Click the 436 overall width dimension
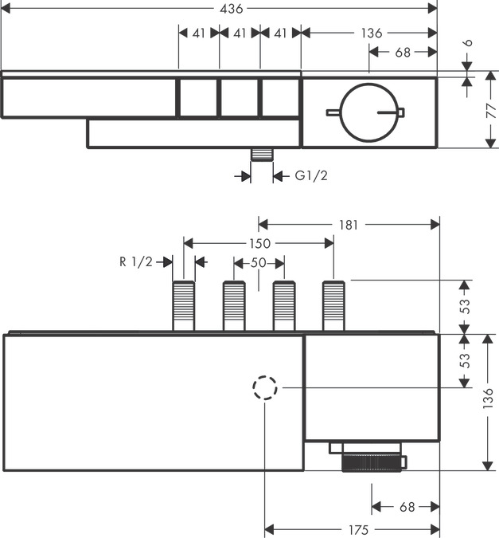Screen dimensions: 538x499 (230, 8)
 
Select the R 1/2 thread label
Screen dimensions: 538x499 (134, 261)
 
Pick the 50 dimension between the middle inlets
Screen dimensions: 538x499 (259, 262)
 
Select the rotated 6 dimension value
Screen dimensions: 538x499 (469, 46)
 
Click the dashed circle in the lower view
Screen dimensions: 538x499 (265, 388)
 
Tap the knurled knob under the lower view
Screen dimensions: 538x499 (372, 461)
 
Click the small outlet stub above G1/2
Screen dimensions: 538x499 (259, 154)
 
